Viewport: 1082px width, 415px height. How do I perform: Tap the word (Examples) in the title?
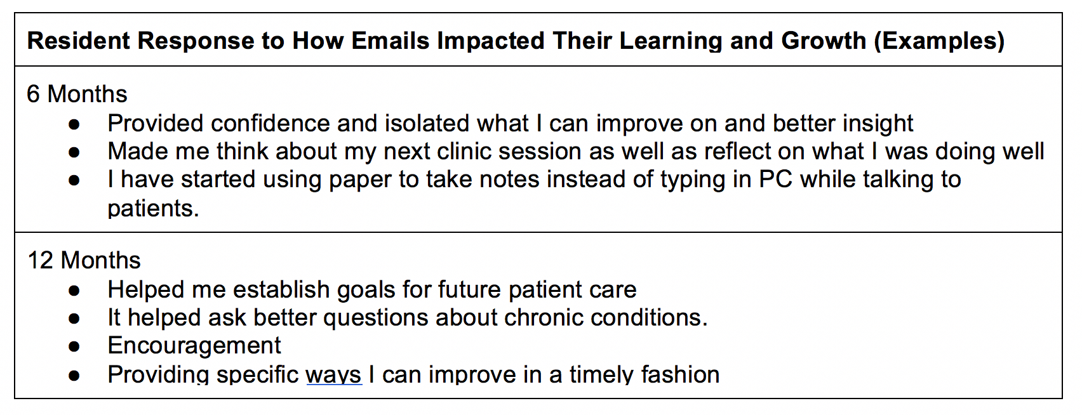point(940,41)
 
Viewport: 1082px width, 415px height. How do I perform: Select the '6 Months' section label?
point(77,94)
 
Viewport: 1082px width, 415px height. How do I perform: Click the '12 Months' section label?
point(84,260)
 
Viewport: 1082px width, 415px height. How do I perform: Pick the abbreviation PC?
point(776,179)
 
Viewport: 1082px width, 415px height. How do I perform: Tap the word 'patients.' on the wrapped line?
point(153,209)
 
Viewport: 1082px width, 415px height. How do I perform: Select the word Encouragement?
point(194,346)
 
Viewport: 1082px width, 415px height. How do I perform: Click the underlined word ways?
point(334,375)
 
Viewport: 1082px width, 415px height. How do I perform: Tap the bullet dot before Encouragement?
point(74,346)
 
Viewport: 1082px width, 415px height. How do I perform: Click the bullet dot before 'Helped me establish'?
point(74,291)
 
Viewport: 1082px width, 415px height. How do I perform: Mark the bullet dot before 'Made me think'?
point(74,152)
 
